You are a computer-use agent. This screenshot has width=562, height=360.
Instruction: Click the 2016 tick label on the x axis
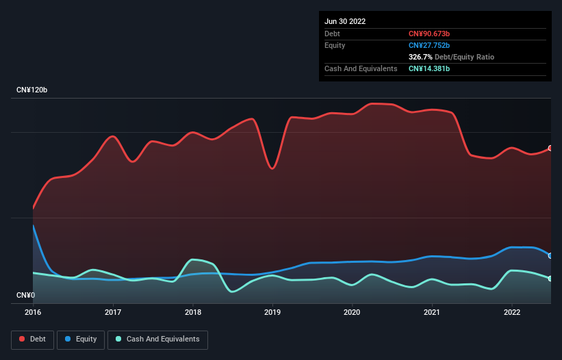pos(33,312)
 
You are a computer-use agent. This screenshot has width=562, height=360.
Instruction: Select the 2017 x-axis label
pos(113,312)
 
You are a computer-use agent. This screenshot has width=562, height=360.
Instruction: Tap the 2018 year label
pos(193,312)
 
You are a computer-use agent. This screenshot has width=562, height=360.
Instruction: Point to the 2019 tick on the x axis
pos(272,312)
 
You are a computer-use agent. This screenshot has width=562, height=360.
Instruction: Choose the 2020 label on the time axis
pos(352,312)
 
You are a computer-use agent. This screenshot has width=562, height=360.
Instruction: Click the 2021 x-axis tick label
pos(432,312)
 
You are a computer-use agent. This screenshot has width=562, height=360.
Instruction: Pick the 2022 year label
pos(511,312)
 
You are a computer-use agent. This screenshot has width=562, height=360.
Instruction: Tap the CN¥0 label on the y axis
pos(26,296)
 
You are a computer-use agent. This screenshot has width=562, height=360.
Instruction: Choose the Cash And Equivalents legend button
pos(157,339)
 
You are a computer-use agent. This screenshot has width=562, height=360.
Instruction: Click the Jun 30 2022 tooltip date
pos(345,21)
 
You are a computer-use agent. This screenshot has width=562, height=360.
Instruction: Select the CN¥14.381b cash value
pos(429,68)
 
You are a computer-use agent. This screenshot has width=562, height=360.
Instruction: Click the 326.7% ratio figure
pos(420,57)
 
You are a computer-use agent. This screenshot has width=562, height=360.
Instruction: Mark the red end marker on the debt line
pos(550,148)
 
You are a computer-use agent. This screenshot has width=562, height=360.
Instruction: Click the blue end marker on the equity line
pos(550,255)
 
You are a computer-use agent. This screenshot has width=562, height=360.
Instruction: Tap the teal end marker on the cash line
pos(550,279)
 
